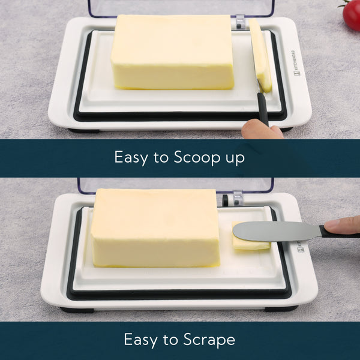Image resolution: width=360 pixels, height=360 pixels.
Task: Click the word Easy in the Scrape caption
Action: pyautogui.click(x=142, y=340)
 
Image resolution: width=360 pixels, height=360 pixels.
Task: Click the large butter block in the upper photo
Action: pyautogui.click(x=172, y=52)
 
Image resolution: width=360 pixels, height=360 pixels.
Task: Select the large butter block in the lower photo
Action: pyautogui.click(x=155, y=228)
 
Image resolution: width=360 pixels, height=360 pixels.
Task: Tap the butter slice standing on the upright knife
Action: pyautogui.click(x=260, y=55)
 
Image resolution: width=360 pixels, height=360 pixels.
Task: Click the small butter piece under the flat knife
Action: pyautogui.click(x=250, y=243)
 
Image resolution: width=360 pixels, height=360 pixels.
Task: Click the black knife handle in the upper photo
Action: pyautogui.click(x=262, y=108)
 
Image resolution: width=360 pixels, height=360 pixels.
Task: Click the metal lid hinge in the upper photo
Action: pyautogui.click(x=240, y=22)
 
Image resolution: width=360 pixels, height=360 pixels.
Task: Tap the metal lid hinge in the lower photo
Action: pyautogui.click(x=238, y=198)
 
